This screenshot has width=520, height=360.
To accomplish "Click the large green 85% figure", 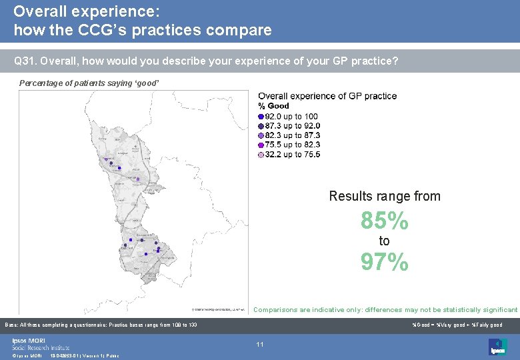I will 385,221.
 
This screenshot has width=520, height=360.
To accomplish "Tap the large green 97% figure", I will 385,263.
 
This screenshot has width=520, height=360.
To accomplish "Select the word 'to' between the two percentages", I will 385,241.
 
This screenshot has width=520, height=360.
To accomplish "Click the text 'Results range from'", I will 385,196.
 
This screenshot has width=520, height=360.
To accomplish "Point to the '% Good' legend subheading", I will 273,106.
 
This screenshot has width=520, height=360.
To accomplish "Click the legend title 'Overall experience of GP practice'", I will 327,96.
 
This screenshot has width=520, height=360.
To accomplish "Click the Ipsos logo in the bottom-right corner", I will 497,347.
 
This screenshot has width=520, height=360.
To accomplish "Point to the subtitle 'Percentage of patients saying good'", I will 89,83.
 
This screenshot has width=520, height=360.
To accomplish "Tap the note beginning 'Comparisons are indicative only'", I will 385,310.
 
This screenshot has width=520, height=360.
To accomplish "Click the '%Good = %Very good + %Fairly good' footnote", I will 457,325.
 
